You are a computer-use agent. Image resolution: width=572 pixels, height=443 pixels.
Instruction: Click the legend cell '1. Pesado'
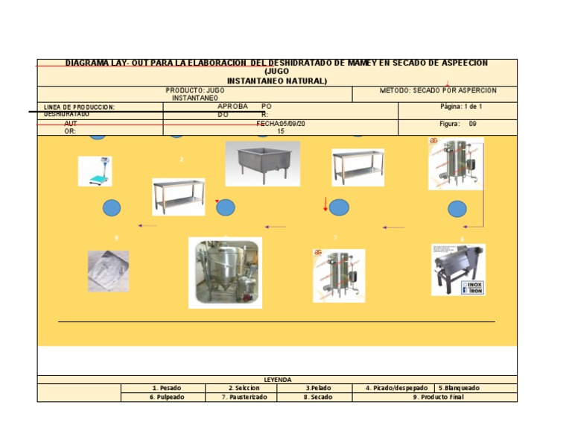[165, 388]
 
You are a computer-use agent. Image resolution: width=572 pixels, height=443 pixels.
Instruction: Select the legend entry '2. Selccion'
[243, 388]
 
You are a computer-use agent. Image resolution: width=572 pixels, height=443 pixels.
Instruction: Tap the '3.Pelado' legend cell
[318, 388]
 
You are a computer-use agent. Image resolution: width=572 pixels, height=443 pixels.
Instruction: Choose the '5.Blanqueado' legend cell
[459, 388]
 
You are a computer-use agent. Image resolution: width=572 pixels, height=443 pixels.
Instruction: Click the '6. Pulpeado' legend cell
[165, 397]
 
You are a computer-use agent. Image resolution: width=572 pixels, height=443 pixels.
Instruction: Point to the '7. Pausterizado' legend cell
[243, 397]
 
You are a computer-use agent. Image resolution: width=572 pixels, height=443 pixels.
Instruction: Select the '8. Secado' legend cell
[318, 397]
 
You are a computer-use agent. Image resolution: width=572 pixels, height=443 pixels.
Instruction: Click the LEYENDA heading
[277, 379]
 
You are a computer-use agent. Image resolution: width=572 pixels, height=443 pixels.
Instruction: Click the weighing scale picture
[95, 172]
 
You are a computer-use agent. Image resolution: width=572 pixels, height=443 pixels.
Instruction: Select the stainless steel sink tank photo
[262, 163]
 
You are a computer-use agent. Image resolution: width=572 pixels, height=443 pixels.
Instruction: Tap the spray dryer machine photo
[225, 272]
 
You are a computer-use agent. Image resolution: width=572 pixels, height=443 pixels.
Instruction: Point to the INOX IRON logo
[473, 287]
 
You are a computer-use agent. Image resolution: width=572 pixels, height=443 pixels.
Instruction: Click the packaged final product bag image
[108, 270]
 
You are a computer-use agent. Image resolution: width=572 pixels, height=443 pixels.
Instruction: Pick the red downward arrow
[325, 204]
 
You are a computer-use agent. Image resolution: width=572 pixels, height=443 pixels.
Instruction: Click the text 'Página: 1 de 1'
[461, 107]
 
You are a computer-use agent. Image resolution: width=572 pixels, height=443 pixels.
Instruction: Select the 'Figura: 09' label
[457, 124]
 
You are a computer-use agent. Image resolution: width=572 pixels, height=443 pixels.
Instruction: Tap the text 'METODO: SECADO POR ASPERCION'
[438, 90]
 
